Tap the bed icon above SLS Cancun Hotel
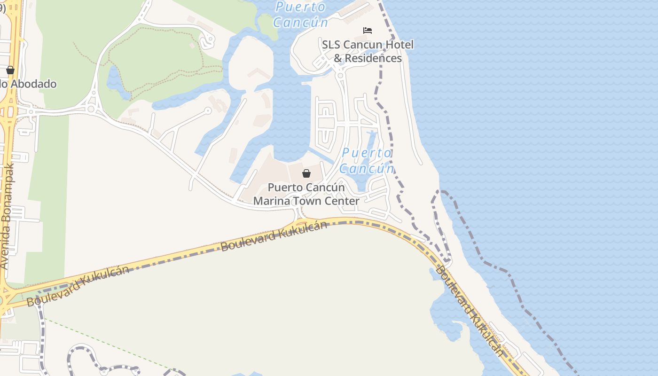(x=368, y=31)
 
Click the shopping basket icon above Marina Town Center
(x=306, y=173)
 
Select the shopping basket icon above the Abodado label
(x=10, y=70)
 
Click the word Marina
(x=271, y=201)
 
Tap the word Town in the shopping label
(x=306, y=201)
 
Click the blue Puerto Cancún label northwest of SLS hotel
(x=300, y=15)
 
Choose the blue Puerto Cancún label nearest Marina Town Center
(x=367, y=160)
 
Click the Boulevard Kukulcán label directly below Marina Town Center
(x=274, y=236)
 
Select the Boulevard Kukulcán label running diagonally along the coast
(x=470, y=310)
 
